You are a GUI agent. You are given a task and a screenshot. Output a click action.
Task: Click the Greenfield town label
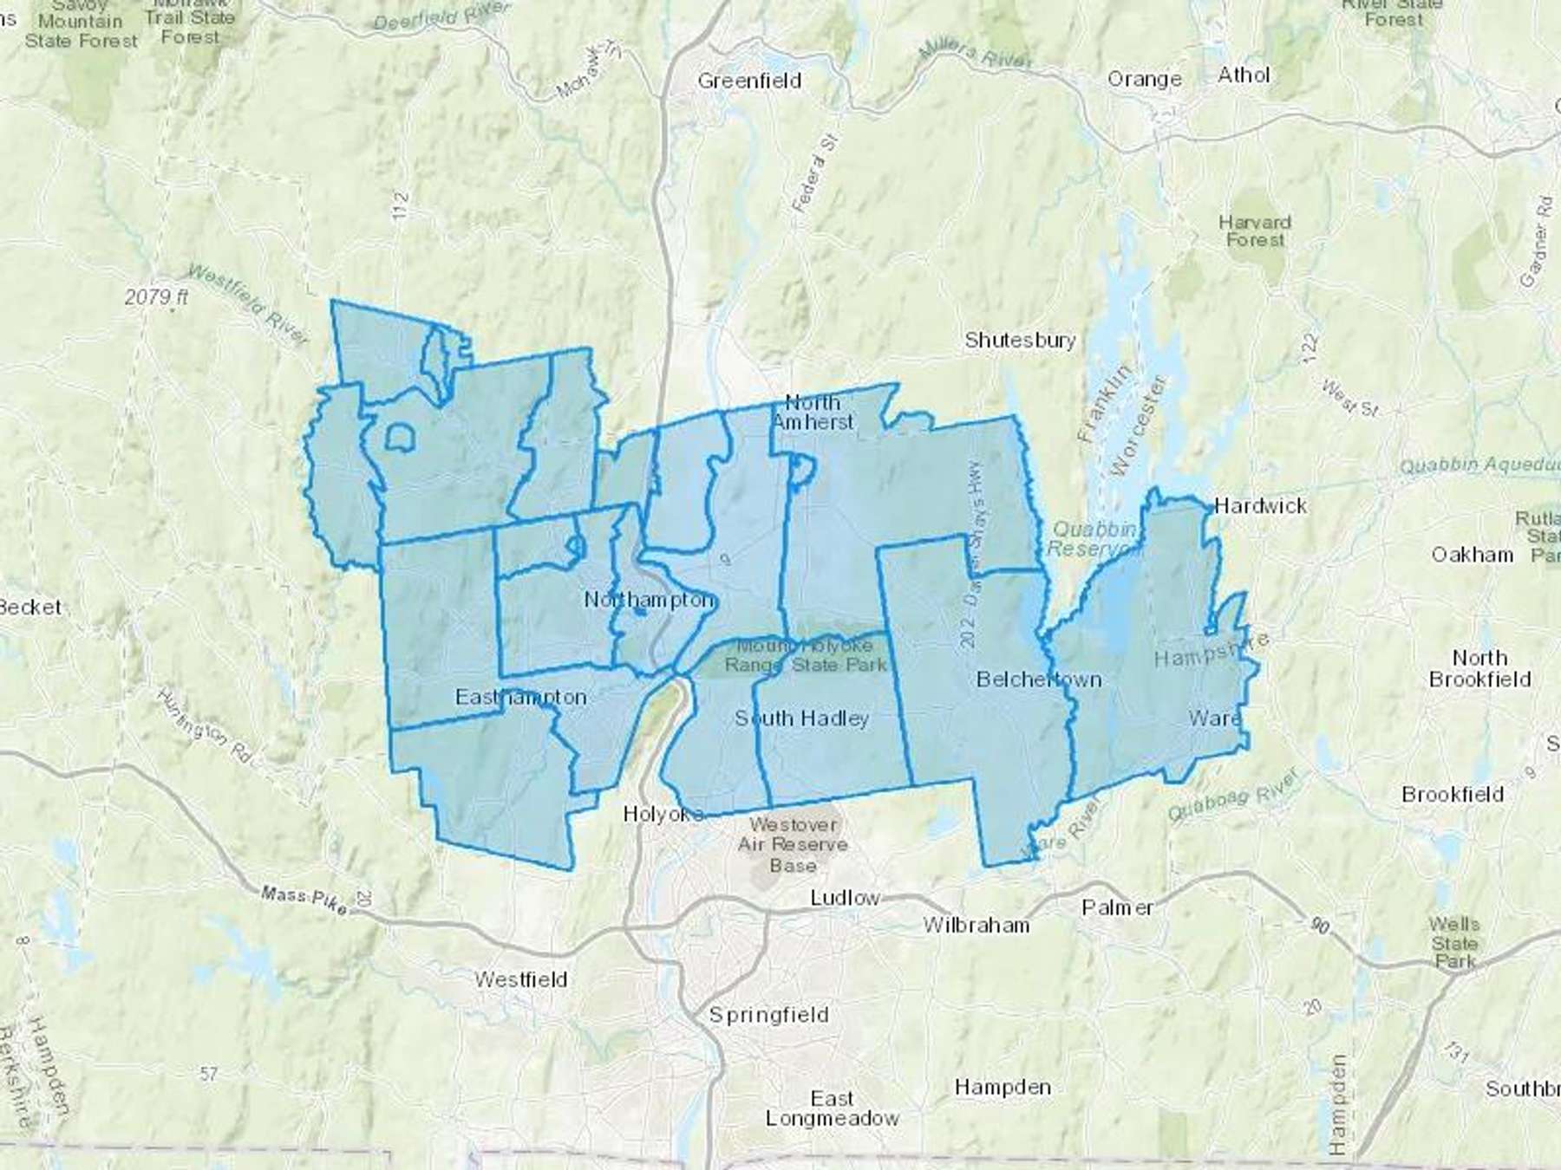(x=749, y=81)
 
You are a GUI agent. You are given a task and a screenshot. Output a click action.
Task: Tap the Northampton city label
(x=649, y=600)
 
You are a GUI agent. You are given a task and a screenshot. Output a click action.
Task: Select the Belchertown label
(x=1039, y=679)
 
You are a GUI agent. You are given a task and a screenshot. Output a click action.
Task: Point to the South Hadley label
(x=801, y=718)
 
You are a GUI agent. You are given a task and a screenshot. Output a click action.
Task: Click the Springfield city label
(x=768, y=1014)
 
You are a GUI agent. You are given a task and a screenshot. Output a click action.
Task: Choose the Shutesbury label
(x=1020, y=340)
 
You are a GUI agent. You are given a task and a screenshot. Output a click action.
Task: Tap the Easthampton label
(x=521, y=697)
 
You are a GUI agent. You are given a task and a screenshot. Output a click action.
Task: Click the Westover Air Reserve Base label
(x=793, y=845)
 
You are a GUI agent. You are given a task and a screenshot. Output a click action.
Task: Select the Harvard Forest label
(x=1255, y=231)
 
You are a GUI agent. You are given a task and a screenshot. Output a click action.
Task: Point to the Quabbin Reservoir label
(x=1091, y=539)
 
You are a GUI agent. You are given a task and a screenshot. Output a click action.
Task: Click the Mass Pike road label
(x=304, y=899)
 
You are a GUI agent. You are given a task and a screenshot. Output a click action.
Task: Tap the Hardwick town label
(x=1260, y=506)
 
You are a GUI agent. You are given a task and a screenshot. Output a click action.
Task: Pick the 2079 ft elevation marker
(x=156, y=297)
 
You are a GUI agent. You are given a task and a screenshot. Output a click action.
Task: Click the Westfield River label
(x=246, y=303)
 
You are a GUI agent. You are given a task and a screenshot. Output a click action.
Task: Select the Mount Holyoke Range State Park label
(x=805, y=656)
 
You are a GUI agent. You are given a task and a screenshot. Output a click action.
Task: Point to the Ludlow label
(x=845, y=898)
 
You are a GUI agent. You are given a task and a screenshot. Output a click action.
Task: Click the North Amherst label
(x=813, y=413)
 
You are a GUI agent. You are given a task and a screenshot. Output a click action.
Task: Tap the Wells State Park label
(x=1454, y=943)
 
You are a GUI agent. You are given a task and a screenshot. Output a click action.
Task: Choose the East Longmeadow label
(x=832, y=1108)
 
